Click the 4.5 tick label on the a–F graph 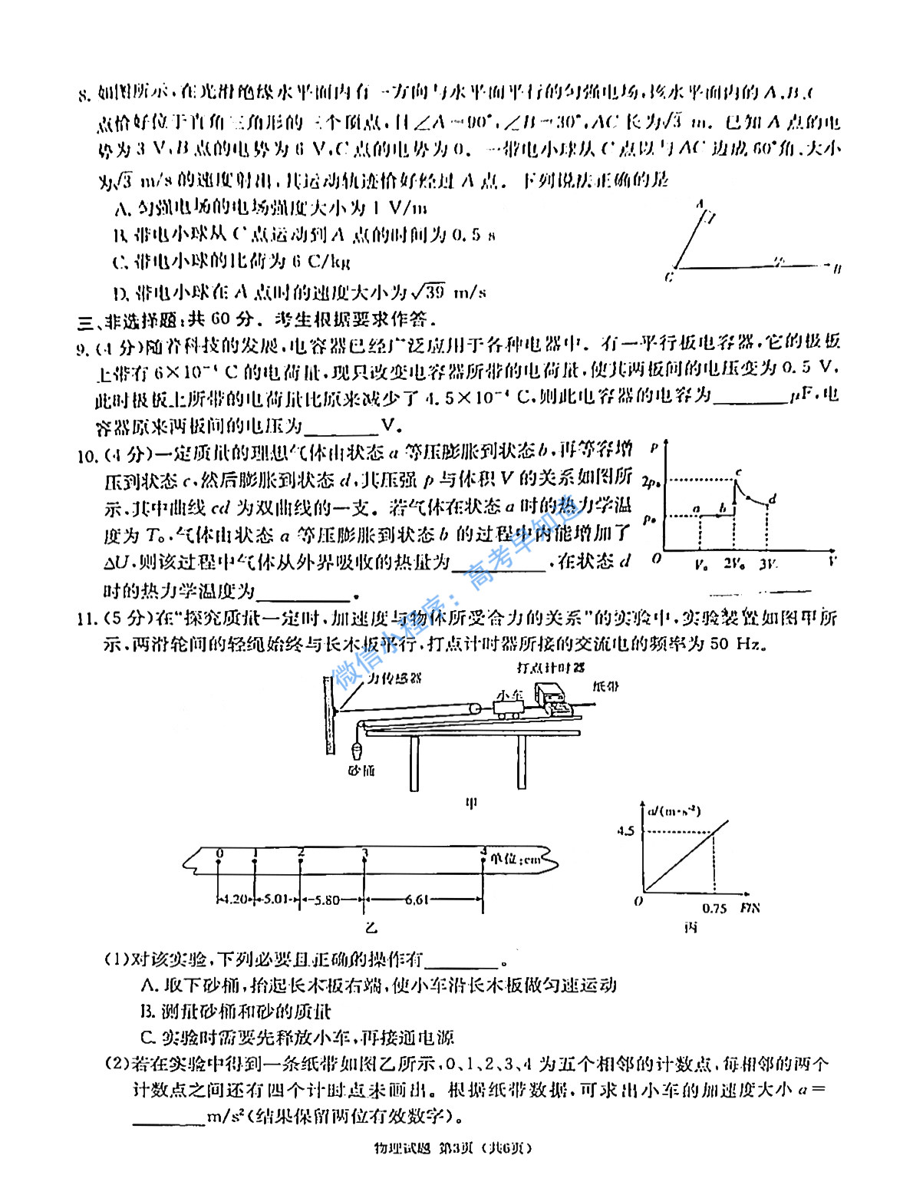[x=625, y=830]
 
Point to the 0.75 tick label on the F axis [x=714, y=908]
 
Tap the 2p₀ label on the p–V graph [x=651, y=482]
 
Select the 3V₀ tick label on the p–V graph [x=768, y=564]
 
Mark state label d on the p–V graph [x=773, y=499]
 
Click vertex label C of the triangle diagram [x=669, y=276]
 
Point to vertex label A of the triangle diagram [x=700, y=205]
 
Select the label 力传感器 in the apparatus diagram [x=394, y=678]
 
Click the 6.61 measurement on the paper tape [x=417, y=899]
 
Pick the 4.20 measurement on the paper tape [x=234, y=899]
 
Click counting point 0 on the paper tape [x=220, y=853]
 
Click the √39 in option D [x=427, y=292]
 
